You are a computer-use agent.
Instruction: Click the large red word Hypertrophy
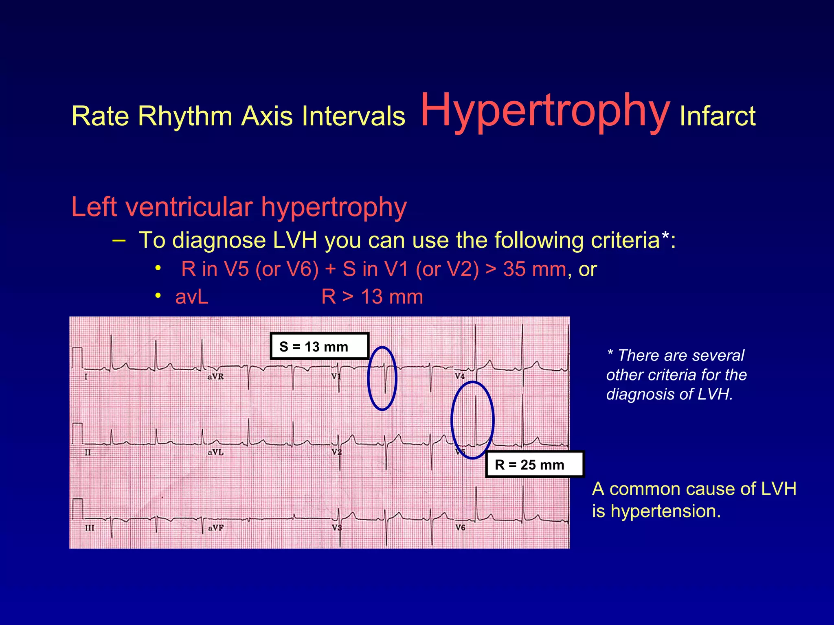[545, 111]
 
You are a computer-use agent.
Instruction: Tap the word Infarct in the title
[718, 116]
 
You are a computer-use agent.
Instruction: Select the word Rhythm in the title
[185, 116]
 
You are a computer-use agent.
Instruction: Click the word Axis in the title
[267, 116]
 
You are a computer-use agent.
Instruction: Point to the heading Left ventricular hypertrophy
[239, 207]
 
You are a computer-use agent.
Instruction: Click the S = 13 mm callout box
[319, 346]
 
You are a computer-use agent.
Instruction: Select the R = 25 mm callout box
[534, 464]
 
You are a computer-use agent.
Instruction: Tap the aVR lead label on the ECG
[215, 376]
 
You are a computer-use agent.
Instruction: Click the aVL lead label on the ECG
[215, 452]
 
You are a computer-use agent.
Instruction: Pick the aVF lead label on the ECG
[216, 528]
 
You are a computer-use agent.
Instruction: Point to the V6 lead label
[460, 527]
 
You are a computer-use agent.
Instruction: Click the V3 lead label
[336, 528]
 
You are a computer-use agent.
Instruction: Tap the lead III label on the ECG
[90, 528]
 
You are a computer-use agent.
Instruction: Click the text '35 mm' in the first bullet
[534, 269]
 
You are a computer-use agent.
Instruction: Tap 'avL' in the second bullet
[192, 297]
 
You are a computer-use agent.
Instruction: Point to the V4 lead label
[459, 376]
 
